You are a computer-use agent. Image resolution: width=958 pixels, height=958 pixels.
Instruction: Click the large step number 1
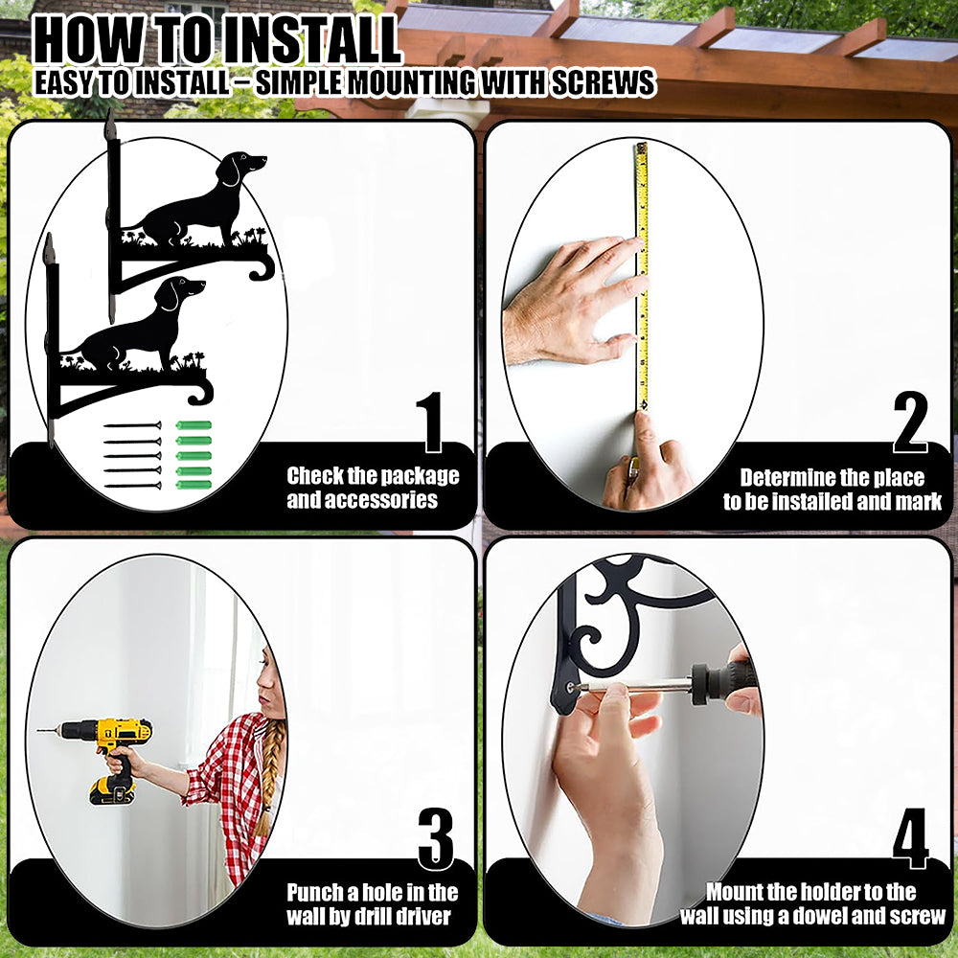[x=432, y=422]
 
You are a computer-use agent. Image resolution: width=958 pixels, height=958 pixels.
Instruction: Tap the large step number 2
[x=910, y=422]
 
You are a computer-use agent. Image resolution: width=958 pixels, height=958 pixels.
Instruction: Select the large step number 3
[x=436, y=839]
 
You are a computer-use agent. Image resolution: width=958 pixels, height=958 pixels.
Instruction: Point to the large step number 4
[x=910, y=839]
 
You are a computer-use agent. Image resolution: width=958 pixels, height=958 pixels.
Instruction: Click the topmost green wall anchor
[x=194, y=425]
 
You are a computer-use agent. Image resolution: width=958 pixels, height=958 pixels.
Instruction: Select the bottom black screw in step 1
[x=133, y=486]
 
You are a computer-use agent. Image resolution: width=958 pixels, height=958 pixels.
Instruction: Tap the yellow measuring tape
[x=642, y=276]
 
